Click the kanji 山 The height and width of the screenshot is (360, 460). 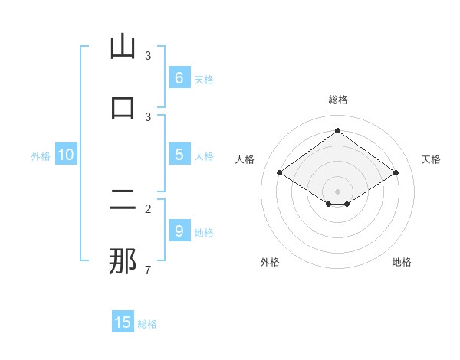coord(123,47)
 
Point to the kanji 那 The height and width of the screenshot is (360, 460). coord(123,261)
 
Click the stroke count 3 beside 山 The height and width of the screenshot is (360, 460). coord(148,56)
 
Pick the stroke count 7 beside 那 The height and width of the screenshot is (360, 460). coord(148,270)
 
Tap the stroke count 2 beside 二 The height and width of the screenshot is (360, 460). coord(148,208)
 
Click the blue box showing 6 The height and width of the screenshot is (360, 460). coord(179,77)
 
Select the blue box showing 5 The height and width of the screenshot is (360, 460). coord(179,155)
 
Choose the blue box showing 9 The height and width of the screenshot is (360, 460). coord(179,231)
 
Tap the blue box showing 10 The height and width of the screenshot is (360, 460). coord(66,155)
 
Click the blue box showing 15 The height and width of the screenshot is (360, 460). coord(123,322)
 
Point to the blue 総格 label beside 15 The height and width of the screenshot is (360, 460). coord(147,324)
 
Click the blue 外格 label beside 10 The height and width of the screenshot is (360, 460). coord(41,156)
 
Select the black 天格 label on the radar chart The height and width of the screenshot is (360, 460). coord(431,159)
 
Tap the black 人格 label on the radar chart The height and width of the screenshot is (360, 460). coord(245,159)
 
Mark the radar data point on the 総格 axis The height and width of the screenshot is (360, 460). coord(337,130)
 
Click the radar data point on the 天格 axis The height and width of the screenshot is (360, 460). coord(396,173)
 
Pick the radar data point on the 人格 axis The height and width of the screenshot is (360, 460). coord(280,173)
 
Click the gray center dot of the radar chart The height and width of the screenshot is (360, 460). coord(337,191)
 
